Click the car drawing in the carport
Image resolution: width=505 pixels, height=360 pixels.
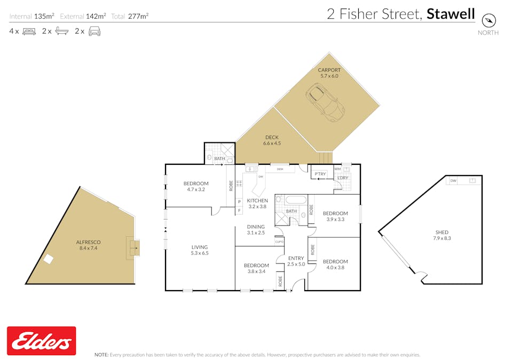coord(325,102)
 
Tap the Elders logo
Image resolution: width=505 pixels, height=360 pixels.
coord(42,341)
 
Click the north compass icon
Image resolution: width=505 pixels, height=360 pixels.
coord(488,21)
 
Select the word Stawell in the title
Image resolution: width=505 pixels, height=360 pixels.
coord(451,14)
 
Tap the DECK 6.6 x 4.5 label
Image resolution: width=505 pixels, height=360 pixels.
coord(272,140)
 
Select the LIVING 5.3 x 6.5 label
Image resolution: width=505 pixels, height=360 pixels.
coord(200,250)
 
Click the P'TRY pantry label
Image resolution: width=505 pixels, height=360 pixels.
coord(320,174)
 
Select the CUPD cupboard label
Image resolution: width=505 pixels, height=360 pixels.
coord(279,242)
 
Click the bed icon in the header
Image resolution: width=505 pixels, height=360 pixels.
coord(29,31)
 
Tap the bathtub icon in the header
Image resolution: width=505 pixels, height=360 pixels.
coord(62,31)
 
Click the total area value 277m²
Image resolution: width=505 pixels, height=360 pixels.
coord(138,16)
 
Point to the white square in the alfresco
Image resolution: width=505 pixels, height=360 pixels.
coord(48,259)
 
